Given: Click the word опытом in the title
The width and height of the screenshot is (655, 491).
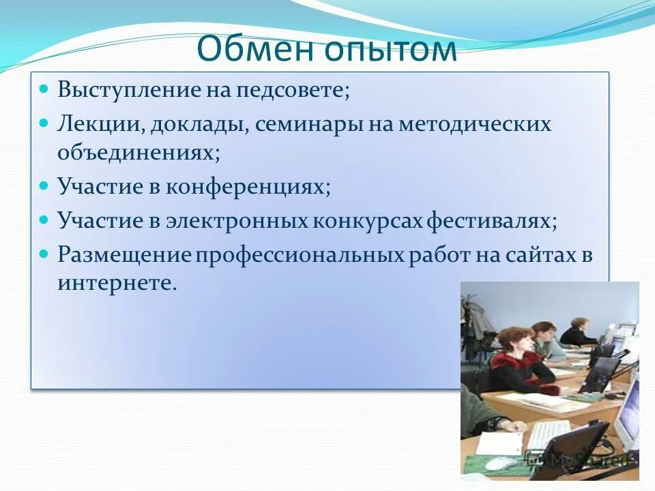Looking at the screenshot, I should coord(392,50).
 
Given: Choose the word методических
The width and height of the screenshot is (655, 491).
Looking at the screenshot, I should coord(465,125).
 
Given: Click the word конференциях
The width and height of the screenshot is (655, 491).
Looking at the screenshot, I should coord(248,186).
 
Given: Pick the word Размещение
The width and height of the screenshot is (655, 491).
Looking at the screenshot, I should coord(125,255).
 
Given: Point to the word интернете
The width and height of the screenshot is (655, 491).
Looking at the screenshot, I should coord(117,282).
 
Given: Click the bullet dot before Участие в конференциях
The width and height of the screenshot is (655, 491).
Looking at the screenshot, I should coord(44,185).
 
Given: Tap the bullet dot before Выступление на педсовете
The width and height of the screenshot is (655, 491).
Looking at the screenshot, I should coord(44,89).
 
